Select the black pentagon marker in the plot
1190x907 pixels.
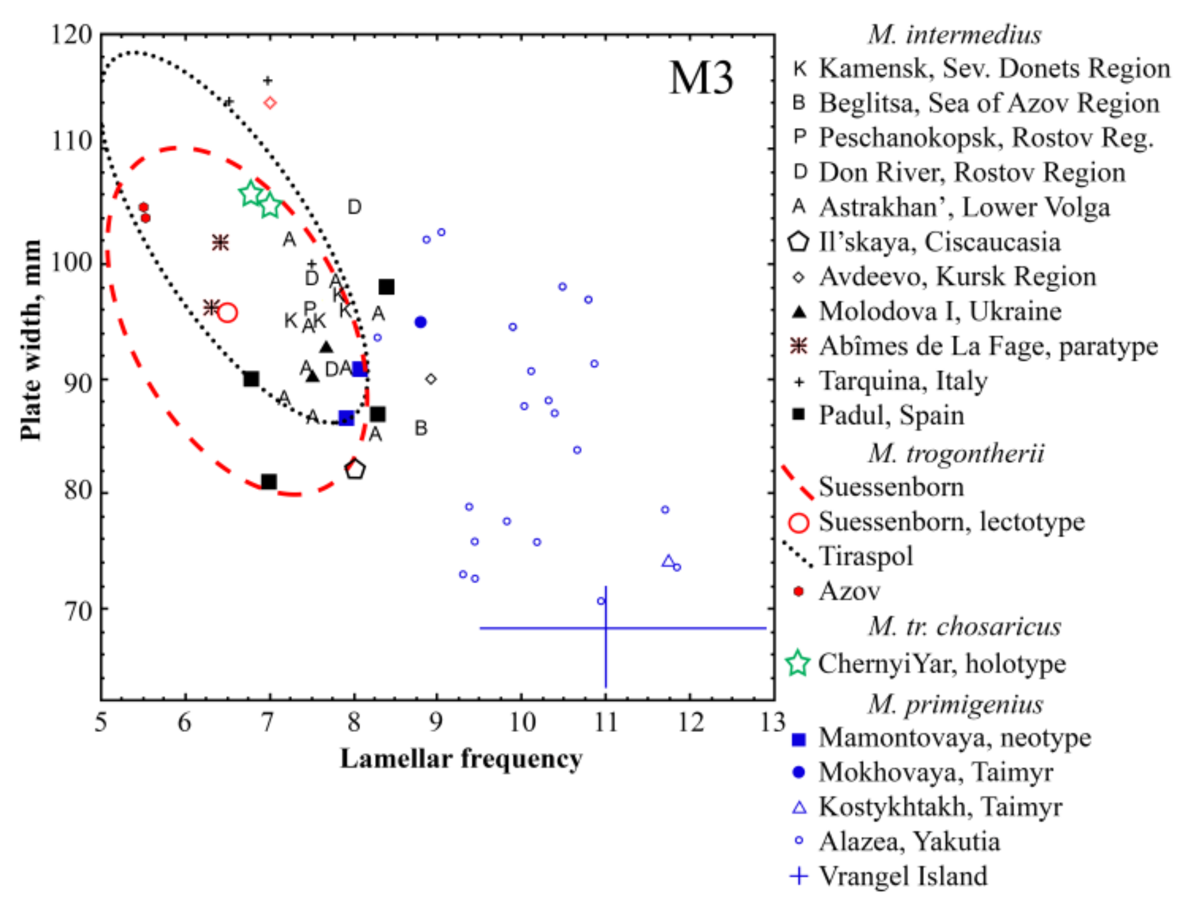[x=355, y=469]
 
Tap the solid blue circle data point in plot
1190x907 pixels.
[x=421, y=322]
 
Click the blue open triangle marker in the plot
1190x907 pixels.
[x=668, y=561]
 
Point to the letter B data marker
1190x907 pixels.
[x=421, y=428]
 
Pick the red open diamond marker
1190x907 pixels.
[x=270, y=102]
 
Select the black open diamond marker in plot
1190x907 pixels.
[x=430, y=379]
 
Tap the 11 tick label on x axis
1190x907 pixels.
[x=606, y=722]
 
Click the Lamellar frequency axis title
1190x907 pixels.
[x=461, y=758]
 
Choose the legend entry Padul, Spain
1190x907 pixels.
[x=891, y=415]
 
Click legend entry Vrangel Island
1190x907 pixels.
[x=903, y=876]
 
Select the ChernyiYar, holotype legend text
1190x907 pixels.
[x=941, y=663]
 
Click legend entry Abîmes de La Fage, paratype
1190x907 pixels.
[x=988, y=346]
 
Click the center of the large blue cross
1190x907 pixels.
[x=606, y=628]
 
